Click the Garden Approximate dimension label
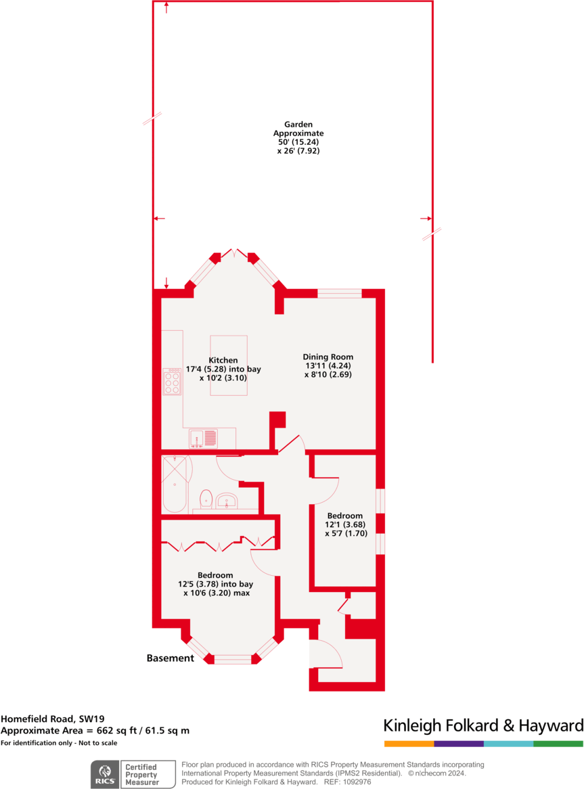291,138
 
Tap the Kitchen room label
223,369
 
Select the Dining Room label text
328,365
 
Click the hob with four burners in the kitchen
172,382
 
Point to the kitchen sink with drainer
204,439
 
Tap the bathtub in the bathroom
175,484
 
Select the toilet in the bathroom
206,499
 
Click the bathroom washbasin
227,501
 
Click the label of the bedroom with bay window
215,584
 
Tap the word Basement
170,658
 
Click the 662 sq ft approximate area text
95,731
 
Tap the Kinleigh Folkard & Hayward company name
483,726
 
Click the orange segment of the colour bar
409,744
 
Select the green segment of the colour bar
558,744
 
